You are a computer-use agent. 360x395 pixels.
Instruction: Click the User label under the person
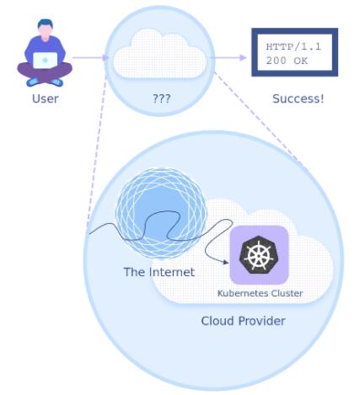point(46,99)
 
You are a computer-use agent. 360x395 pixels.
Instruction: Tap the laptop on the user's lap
point(45,60)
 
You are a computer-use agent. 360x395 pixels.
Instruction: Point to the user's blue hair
point(46,24)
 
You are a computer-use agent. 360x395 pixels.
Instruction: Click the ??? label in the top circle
point(161,99)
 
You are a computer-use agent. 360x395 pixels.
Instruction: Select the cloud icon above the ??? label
point(159,53)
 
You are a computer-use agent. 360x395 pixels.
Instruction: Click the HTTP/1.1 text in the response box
point(293,46)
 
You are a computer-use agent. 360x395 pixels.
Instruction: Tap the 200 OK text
point(287,61)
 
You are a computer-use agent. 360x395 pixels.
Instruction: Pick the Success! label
point(298,99)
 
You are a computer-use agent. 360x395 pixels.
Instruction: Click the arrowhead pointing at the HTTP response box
point(243,57)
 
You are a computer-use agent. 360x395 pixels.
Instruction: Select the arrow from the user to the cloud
point(90,57)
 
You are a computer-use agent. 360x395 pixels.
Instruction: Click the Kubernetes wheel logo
point(259,254)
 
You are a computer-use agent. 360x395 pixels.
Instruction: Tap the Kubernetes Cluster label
point(260,293)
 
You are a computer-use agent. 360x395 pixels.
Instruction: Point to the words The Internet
point(159,272)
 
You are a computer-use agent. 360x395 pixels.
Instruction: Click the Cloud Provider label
point(243,321)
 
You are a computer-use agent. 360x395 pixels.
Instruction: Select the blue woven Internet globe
point(161,212)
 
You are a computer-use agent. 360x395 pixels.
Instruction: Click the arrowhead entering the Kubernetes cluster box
point(226,262)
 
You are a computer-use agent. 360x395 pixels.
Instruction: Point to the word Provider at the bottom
point(262,321)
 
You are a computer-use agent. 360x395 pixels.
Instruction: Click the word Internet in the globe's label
point(172,272)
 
